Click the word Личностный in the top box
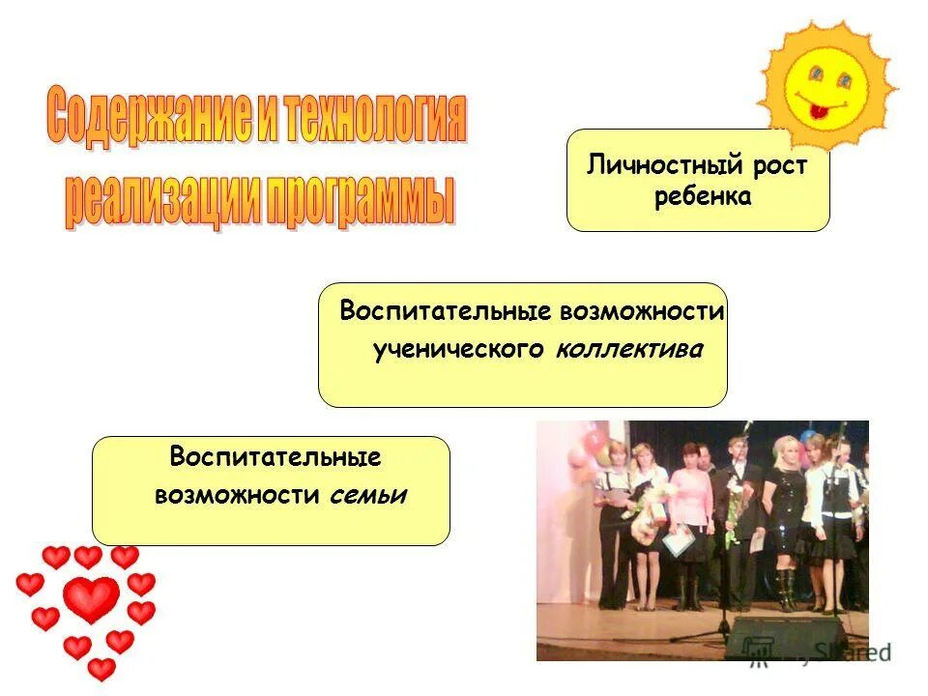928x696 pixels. point(653,165)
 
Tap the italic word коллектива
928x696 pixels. point(629,350)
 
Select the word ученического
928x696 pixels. point(459,350)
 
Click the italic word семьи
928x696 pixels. point(368,496)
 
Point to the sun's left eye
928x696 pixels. point(816,74)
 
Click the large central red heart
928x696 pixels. point(91,599)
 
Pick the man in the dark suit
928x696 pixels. point(740,512)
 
